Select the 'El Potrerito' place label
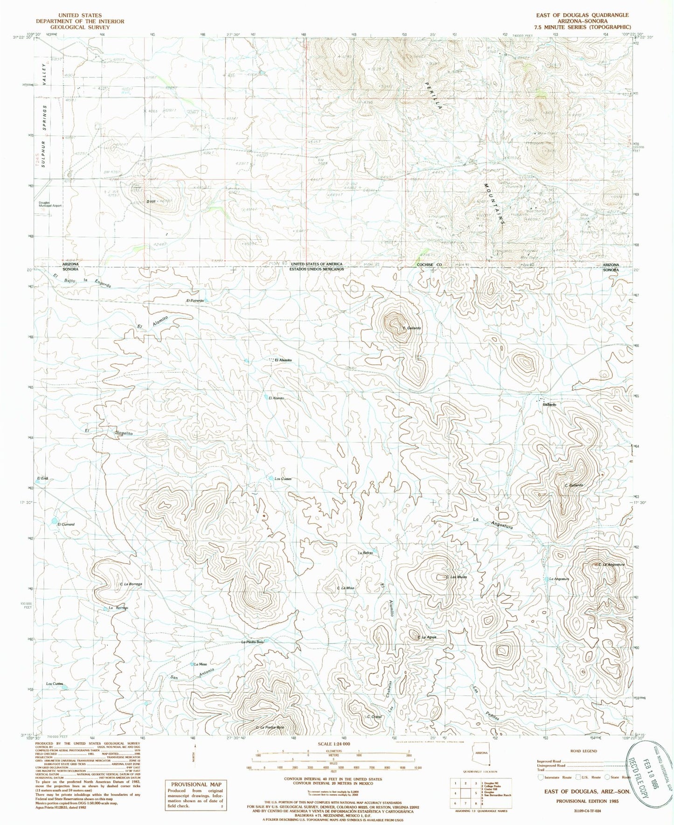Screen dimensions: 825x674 coord(195,301)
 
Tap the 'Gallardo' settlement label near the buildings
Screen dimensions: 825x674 coord(549,405)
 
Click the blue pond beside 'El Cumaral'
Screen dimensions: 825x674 coord(55,520)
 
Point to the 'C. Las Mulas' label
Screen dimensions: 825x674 coord(456,577)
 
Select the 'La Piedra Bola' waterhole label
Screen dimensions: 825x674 coord(253,642)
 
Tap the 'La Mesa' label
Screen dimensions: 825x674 coord(201,664)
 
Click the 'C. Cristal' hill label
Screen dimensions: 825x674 coord(374,717)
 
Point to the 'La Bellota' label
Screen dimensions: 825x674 coord(365,553)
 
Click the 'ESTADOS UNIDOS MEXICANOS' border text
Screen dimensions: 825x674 coord(316,269)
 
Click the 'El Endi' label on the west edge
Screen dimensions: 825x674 coord(42,479)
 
